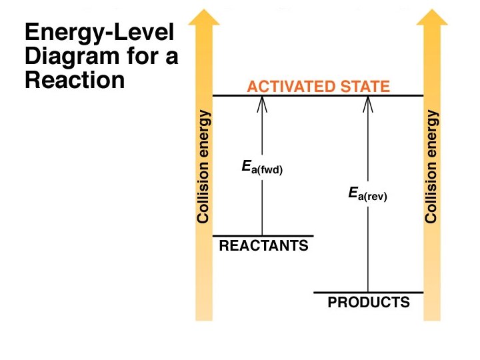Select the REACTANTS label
264,246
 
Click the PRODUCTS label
369,303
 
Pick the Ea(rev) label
367,195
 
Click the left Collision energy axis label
205,167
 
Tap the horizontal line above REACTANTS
262,235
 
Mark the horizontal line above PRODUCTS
369,293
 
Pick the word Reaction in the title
75,80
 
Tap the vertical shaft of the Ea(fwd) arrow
262,207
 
